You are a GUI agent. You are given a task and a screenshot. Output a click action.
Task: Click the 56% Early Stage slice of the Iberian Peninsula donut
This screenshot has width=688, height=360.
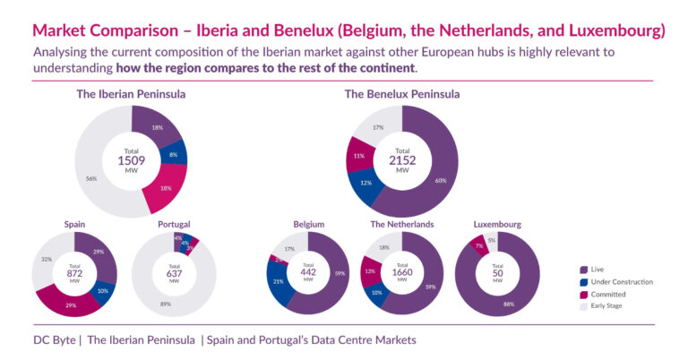pos(92,178)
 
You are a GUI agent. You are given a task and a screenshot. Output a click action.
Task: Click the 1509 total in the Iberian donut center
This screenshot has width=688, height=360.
pos(131,160)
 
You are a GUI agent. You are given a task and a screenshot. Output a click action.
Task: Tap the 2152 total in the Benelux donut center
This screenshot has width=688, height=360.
pos(402,160)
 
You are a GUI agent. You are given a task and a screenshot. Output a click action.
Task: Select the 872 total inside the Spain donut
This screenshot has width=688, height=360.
pos(74,273)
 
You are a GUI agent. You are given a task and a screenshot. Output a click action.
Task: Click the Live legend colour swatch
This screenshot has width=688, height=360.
pos(584,269)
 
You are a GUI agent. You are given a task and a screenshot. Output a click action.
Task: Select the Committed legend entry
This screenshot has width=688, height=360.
pos(614,294)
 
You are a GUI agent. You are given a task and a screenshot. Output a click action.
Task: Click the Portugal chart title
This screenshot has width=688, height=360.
pos(174,224)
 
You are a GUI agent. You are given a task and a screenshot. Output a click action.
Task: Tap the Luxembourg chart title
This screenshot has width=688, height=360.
pos(497,224)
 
